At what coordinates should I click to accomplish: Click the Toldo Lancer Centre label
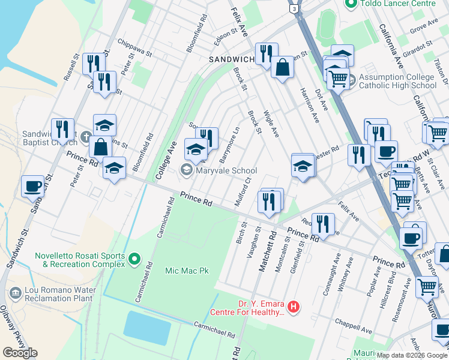tap(398, 4)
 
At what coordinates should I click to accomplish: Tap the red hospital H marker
tap(294, 307)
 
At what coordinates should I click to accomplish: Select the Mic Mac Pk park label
tap(187, 271)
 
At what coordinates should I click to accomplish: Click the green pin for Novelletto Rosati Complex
tap(134, 260)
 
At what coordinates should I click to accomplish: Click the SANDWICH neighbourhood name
tap(232, 59)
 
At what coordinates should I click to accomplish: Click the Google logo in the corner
tap(20, 353)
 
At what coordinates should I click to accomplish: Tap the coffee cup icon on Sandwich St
tap(33, 185)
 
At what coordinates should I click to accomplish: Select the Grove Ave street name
tap(423, 28)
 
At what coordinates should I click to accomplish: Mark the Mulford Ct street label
tap(243, 191)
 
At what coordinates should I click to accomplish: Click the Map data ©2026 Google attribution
tap(412, 355)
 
